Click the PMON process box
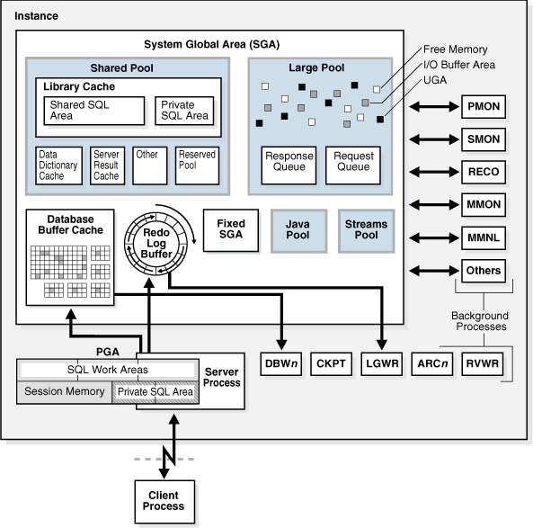click(484, 106)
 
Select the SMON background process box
click(484, 139)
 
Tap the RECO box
click(484, 171)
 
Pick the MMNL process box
click(484, 237)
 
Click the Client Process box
click(159, 500)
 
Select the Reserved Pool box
click(197, 165)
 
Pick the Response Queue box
click(289, 161)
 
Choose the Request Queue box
click(352, 161)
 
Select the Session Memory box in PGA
click(62, 391)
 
